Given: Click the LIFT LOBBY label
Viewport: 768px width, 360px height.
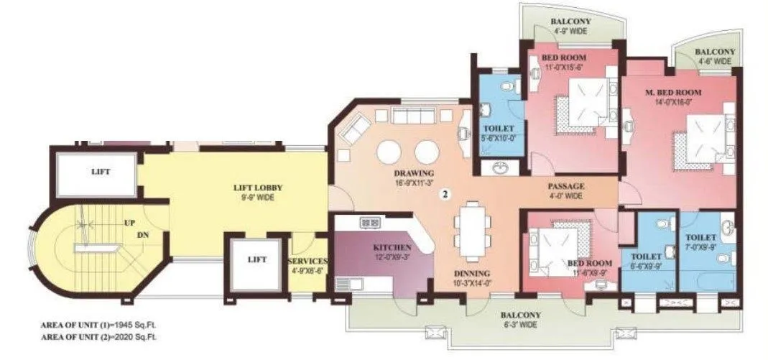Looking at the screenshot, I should pyautogui.click(x=251, y=188).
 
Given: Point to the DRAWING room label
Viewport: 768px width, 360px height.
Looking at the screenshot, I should pyautogui.click(x=414, y=173).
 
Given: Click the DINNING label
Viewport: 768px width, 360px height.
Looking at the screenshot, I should pyautogui.click(x=471, y=273).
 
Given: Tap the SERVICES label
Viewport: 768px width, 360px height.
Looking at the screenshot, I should pyautogui.click(x=308, y=261).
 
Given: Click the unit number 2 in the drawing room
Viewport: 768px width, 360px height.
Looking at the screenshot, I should pyautogui.click(x=445, y=194).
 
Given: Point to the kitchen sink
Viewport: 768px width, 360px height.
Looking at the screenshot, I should pyautogui.click(x=370, y=223).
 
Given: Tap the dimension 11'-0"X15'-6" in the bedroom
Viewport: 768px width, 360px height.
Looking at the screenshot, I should pyautogui.click(x=563, y=66).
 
